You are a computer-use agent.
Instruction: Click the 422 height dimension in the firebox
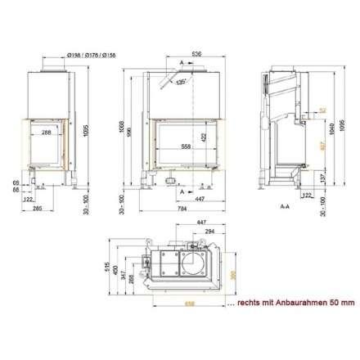pyautogui.click(x=204, y=137)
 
